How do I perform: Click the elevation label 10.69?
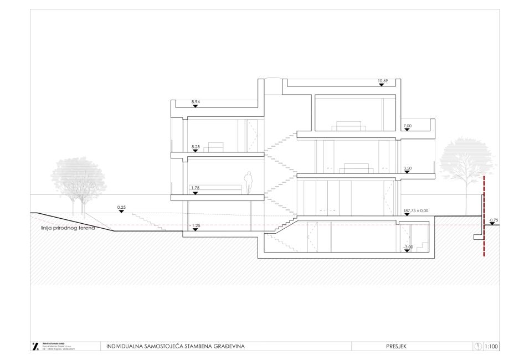382,81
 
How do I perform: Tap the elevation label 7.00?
408,126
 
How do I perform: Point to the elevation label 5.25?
195,147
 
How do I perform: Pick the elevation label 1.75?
195,188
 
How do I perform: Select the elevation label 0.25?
121,207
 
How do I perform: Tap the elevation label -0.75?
493,220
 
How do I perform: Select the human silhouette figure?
249,183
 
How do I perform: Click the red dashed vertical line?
484,216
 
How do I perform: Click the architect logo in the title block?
36,347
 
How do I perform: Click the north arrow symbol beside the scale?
479,347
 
